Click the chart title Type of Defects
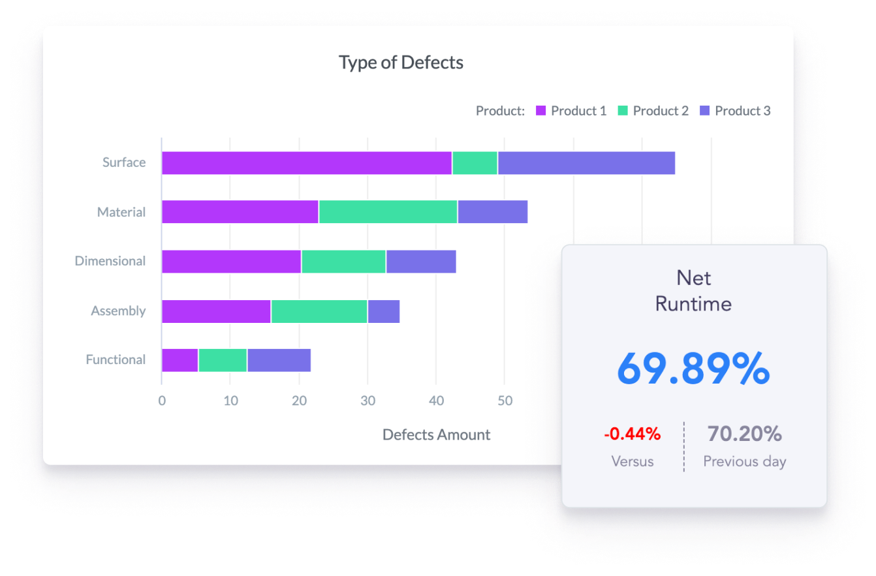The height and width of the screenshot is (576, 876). click(x=401, y=63)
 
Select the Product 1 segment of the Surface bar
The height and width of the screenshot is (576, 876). click(x=306, y=163)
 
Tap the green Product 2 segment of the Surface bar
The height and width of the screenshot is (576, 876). click(x=475, y=163)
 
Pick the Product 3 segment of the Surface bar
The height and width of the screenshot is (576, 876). click(x=586, y=163)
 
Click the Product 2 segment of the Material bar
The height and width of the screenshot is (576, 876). click(x=388, y=212)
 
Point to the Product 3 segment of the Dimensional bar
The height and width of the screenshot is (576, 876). click(x=421, y=261)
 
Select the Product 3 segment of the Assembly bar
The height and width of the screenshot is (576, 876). click(x=384, y=311)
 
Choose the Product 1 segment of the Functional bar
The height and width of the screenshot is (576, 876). click(x=180, y=360)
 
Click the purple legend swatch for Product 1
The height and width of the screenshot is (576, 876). click(x=541, y=111)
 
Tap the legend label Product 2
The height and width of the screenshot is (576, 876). click(x=661, y=111)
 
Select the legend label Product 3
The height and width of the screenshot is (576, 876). click(x=742, y=111)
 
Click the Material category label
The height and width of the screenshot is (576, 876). click(x=121, y=212)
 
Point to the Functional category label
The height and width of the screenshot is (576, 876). click(x=116, y=360)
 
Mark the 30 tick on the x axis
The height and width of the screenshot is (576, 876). click(x=368, y=401)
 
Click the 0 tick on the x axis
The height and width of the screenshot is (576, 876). click(x=162, y=401)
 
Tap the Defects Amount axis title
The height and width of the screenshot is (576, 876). click(x=436, y=435)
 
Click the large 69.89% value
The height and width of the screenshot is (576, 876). click(x=693, y=369)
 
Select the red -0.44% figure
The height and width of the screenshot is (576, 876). click(x=632, y=434)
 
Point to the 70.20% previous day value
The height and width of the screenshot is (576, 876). click(x=744, y=434)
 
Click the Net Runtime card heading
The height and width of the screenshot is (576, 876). click(x=693, y=290)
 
